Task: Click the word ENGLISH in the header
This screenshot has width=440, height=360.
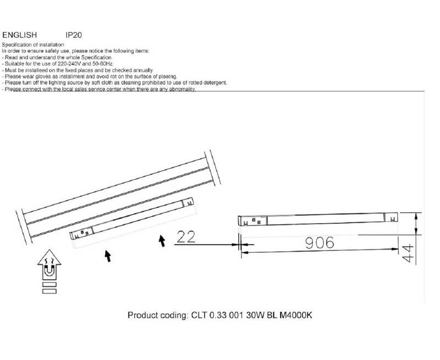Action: [x=20, y=35]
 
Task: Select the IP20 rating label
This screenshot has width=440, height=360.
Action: [x=74, y=35]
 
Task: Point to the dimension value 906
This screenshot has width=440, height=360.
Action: [x=320, y=243]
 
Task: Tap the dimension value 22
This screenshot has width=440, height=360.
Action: [x=186, y=237]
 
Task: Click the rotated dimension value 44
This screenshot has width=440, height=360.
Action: [x=408, y=253]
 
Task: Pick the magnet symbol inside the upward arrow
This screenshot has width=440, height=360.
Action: [x=49, y=270]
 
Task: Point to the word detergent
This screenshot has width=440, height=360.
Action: [x=215, y=82]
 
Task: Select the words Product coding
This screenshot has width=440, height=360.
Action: [x=158, y=315]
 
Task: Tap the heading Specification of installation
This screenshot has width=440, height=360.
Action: [x=33, y=45]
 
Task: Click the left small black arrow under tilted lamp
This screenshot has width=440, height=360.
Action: [x=108, y=256]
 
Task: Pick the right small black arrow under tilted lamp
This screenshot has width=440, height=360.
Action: [x=162, y=241]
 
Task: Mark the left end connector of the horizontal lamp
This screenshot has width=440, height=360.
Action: [x=252, y=220]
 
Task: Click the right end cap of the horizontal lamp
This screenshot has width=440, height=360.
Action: [x=391, y=217]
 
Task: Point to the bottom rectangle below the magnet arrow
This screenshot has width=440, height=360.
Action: [x=50, y=291]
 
